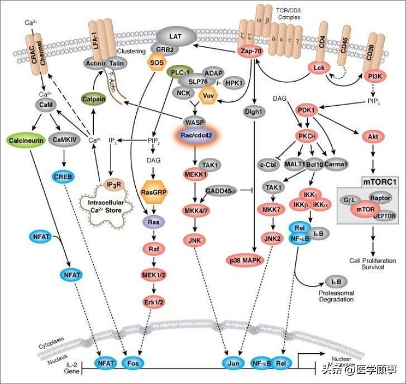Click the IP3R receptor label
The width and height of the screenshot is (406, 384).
coord(113,184)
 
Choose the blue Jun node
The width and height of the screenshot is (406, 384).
coord(233,363)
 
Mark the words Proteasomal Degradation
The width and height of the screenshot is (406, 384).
coord(336,296)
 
